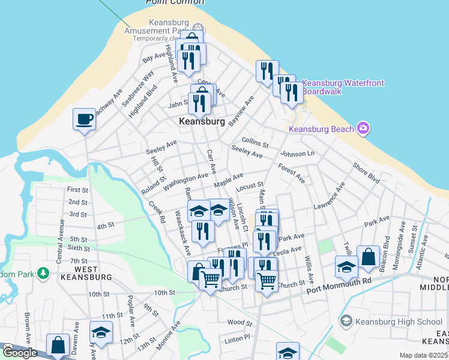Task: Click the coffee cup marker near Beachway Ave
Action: pos(84,119)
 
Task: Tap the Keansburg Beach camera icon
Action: pos(363,128)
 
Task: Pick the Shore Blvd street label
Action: pos(366,173)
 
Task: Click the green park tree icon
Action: pos(43,274)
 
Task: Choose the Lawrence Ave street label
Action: pos(329,196)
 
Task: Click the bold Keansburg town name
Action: pos(202,121)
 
